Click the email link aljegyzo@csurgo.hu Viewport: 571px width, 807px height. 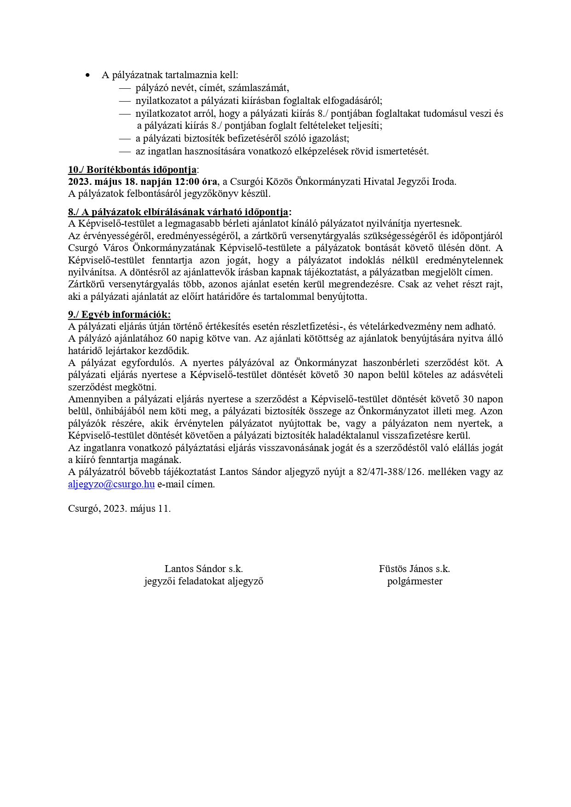click(111, 484)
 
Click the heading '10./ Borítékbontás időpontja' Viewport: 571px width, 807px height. click(132, 170)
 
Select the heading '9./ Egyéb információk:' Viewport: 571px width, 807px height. click(119, 315)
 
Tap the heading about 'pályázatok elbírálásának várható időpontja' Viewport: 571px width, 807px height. click(179, 212)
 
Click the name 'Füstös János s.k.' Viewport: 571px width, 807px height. click(414, 569)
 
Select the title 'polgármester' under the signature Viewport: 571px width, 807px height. click(415, 581)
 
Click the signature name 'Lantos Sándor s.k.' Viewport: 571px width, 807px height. click(203, 569)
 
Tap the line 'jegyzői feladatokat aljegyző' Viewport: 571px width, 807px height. click(203, 581)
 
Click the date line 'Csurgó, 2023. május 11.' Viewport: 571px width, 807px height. click(119, 509)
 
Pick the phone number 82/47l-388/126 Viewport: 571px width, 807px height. click(389, 472)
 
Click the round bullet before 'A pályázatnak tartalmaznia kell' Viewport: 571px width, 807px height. click(88, 75)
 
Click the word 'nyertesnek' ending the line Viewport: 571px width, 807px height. click(439, 224)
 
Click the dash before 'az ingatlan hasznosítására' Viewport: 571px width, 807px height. click(125, 151)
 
